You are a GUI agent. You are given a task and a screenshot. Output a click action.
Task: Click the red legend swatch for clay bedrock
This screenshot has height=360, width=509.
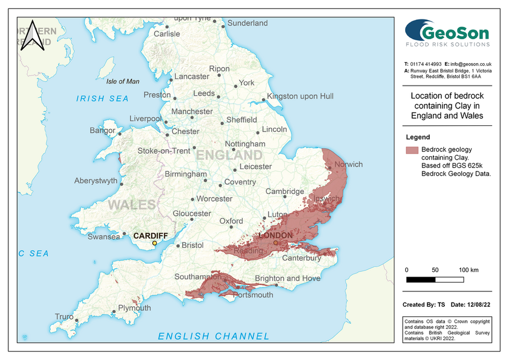[x=412, y=150]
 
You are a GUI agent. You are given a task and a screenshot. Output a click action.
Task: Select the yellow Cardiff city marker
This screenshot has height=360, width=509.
[x=155, y=243]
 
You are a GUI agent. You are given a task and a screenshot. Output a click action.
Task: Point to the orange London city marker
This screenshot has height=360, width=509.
[x=276, y=243]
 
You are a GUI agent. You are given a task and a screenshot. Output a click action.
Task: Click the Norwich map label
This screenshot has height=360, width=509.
[x=348, y=164]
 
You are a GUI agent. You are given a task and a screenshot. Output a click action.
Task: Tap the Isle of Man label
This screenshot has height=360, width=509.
[x=123, y=81]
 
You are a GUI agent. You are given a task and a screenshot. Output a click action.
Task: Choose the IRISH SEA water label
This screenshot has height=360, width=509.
[x=102, y=99]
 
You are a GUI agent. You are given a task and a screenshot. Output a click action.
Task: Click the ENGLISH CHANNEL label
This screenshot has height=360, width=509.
[x=214, y=336]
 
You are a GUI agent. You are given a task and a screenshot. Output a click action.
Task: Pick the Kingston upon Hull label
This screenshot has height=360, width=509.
[x=300, y=96]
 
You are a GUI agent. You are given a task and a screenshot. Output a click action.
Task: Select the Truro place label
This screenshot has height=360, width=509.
[x=64, y=317]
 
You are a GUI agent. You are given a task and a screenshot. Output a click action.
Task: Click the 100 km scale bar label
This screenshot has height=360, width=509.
[x=468, y=270]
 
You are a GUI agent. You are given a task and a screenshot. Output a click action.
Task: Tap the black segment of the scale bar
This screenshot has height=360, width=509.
[x=421, y=280]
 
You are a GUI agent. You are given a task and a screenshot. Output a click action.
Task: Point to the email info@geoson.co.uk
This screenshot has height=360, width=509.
[x=471, y=64]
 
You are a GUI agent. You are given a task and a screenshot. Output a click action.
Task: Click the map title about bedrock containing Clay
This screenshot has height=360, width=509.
[x=447, y=106]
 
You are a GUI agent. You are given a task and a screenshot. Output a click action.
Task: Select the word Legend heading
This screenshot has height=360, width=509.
[x=418, y=137]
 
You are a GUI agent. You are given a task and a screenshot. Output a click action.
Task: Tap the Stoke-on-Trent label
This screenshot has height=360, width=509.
[x=164, y=151]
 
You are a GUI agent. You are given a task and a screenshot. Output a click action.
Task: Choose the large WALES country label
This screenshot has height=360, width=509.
[x=131, y=205]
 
